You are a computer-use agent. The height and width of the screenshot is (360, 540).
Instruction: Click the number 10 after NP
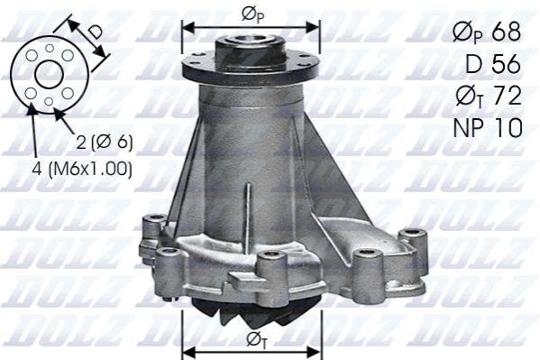(x=508, y=127)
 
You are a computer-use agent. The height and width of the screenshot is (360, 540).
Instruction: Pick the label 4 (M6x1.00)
(x=82, y=169)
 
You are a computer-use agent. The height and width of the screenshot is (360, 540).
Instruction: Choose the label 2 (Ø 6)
(x=105, y=142)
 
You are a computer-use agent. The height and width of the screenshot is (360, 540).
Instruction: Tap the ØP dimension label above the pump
(x=252, y=15)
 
